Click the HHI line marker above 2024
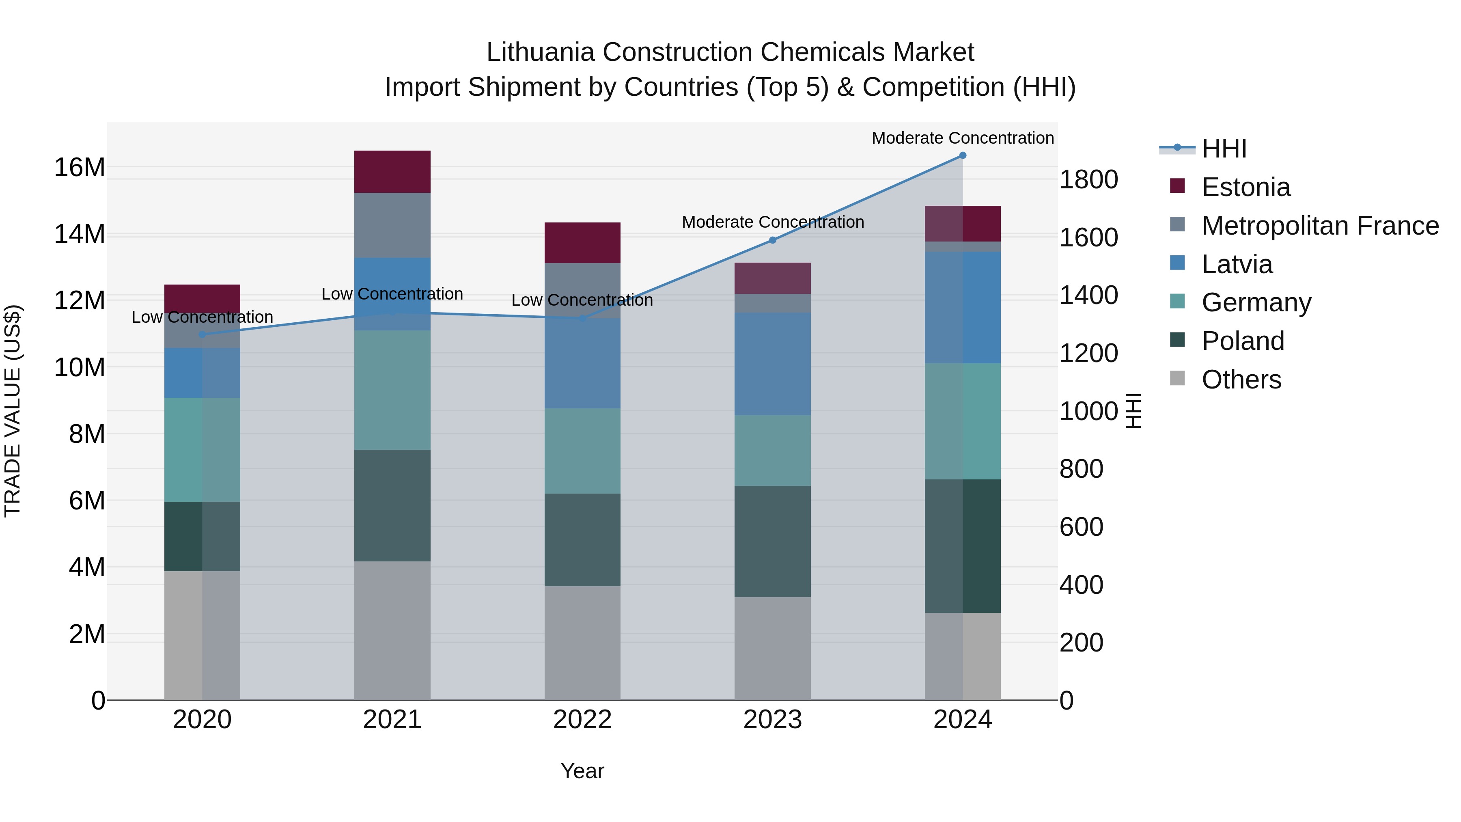click(x=963, y=155)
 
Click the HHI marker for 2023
click(x=772, y=240)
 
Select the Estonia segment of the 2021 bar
click(x=392, y=171)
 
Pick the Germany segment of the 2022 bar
click(x=582, y=451)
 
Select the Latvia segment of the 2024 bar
click(x=963, y=307)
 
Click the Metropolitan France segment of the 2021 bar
click(x=392, y=225)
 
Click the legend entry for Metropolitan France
click(x=1320, y=225)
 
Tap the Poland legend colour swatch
click(x=1177, y=341)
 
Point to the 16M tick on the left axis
click(x=80, y=167)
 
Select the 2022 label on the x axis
click(x=582, y=720)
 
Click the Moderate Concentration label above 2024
click(x=963, y=138)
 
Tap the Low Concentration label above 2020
click(x=202, y=317)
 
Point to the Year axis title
click(x=582, y=771)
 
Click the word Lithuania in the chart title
click(x=540, y=52)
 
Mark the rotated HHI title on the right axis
click(x=1133, y=411)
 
